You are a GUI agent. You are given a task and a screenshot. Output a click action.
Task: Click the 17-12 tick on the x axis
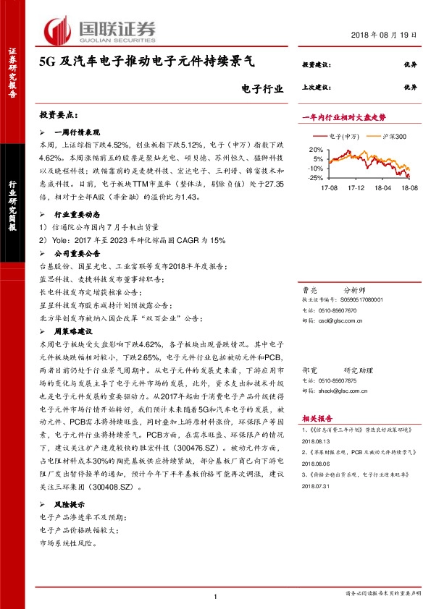tap(355, 186)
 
